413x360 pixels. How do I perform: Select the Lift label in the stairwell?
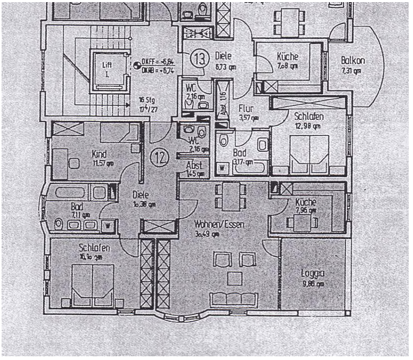(108, 65)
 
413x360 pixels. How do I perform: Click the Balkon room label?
(353, 61)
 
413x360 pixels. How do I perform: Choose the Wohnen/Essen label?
(219, 225)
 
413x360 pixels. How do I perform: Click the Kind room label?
(98, 154)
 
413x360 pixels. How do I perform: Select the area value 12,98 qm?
(307, 126)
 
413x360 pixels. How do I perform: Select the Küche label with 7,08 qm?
(287, 56)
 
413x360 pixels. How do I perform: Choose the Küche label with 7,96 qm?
(306, 202)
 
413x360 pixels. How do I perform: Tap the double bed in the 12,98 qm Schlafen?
(308, 150)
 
